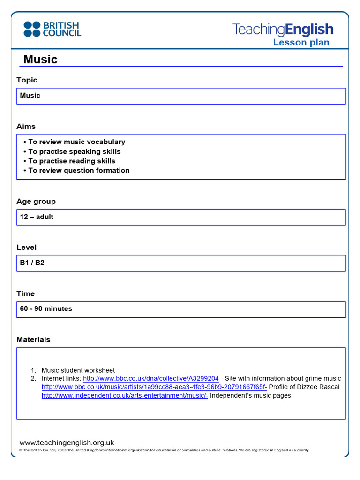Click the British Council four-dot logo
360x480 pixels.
coord(32,29)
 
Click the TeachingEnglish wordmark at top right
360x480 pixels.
coord(283,30)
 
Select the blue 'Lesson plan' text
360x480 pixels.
coord(301,43)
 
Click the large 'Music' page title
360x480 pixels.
coord(40,60)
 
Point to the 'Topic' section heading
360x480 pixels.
coord(27,80)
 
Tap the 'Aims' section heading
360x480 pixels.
coord(26,127)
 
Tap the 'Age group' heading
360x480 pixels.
coord(36,201)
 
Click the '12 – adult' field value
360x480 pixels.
coord(37,217)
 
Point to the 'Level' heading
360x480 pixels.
coord(26,247)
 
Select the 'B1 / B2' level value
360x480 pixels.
coord(32,262)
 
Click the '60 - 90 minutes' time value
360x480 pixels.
coord(46,308)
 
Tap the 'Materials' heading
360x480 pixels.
coord(33,339)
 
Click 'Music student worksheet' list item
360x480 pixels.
coord(78,370)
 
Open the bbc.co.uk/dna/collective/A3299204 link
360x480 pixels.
coord(151,378)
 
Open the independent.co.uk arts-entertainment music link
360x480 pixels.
coord(125,395)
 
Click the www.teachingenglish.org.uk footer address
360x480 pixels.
coord(67,442)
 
